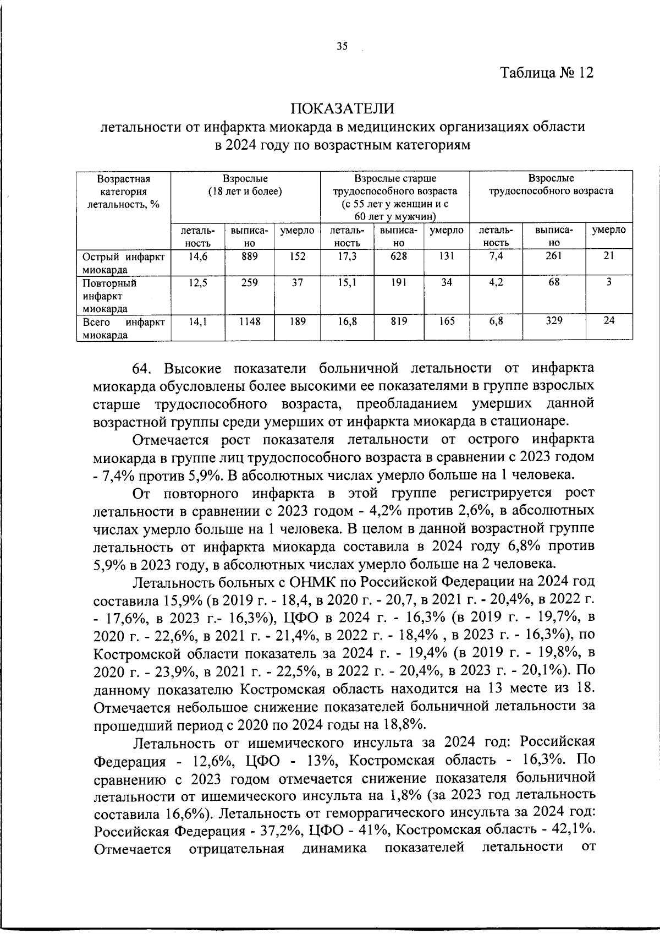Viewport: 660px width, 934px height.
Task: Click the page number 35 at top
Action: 342,47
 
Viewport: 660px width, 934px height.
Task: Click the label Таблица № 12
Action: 547,73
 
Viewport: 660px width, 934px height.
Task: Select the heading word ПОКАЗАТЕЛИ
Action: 343,107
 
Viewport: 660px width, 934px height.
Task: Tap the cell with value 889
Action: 250,256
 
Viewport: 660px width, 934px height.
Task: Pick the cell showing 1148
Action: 250,321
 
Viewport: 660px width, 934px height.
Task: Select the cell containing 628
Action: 399,256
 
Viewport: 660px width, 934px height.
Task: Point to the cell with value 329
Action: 554,321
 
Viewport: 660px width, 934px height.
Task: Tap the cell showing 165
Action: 447,321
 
